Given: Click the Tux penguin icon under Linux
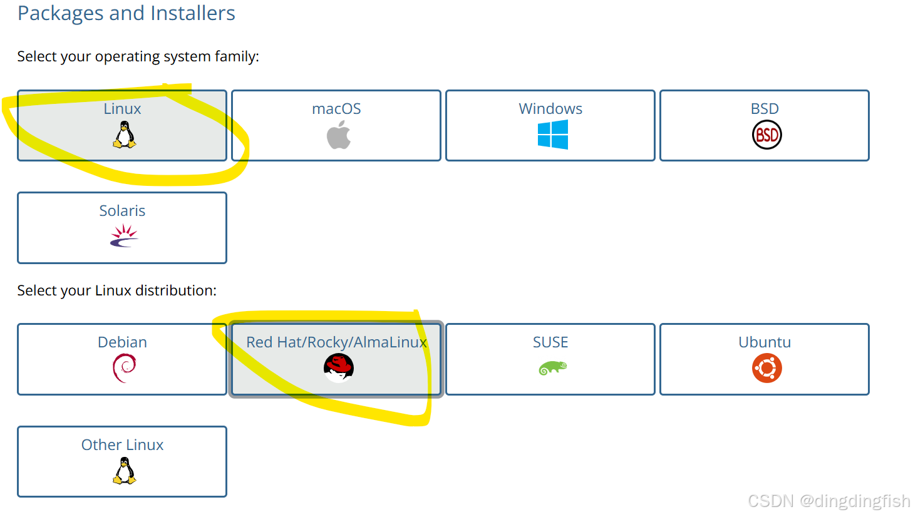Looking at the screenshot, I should pos(125,135).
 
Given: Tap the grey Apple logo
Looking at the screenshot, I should pos(339,135).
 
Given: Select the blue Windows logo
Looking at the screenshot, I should pos(552,135).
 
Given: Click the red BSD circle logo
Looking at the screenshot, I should pos(766,135).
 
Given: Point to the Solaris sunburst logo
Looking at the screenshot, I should pos(124,236).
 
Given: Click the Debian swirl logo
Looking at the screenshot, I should pos(124,368).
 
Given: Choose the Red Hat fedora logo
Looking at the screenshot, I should pos(339,367).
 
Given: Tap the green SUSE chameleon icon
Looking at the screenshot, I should pos(552,368).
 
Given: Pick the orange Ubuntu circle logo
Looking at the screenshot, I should pos(766,368).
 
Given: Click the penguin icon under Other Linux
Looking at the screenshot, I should pos(125,471).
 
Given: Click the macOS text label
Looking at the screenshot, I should pos(336,109).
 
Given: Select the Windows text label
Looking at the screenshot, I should pos(550,109).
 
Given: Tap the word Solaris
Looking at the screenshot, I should pos(122,211).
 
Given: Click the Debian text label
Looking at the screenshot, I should pos(122,342).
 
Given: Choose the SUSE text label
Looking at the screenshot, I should pos(550,342).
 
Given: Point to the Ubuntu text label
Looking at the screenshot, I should pos(765,342).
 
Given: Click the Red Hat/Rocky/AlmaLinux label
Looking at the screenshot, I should pos(336,342).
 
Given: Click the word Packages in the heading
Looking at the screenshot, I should pos(61,13).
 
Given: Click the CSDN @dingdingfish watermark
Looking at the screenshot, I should pos(828,501).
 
